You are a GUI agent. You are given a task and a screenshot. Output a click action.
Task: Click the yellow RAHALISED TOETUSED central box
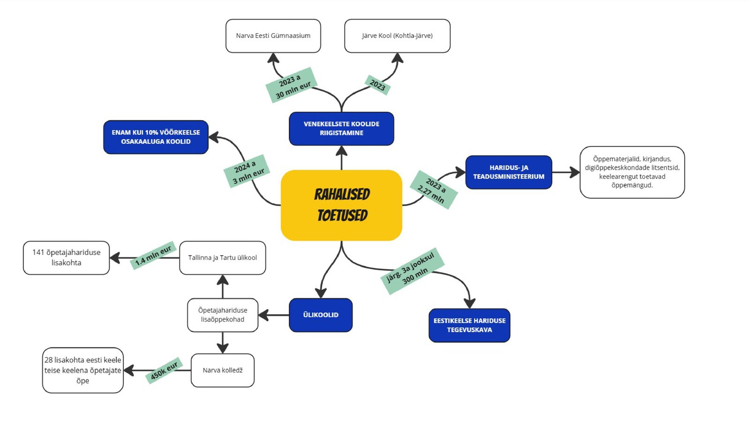click(x=341, y=205)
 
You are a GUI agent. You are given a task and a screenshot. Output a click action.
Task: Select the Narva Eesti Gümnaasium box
click(x=273, y=36)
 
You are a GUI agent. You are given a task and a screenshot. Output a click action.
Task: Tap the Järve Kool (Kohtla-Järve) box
click(x=397, y=36)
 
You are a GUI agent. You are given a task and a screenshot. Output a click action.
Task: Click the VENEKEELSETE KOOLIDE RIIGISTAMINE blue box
click(x=341, y=128)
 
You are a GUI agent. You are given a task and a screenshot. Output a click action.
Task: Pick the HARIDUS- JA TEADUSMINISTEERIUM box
click(x=509, y=172)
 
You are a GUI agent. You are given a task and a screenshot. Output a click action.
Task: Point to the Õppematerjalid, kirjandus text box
click(x=632, y=172)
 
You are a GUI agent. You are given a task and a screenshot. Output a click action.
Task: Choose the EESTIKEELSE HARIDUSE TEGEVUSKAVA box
click(x=469, y=325)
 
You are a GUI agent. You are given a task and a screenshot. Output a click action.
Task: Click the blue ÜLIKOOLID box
click(x=321, y=315)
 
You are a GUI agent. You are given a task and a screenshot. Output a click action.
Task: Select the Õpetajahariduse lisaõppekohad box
click(x=223, y=315)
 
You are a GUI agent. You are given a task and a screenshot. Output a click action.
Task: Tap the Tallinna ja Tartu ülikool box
click(x=223, y=258)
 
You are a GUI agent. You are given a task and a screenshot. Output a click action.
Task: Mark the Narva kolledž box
click(x=223, y=370)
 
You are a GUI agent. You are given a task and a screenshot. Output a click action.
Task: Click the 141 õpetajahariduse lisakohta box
click(x=66, y=258)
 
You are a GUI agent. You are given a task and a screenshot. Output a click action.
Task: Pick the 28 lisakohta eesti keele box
click(x=82, y=370)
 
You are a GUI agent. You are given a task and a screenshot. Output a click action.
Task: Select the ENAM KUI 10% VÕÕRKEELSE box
click(x=156, y=137)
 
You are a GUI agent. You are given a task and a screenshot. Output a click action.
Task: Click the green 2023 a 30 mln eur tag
click(x=292, y=85)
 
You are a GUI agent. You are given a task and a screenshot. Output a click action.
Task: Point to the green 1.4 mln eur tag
click(x=153, y=256)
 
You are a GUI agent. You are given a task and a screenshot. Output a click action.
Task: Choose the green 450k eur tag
click(x=164, y=371)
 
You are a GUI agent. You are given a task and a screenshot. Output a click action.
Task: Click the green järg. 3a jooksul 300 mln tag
click(x=412, y=271)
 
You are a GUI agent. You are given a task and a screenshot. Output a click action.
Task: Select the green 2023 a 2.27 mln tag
click(x=434, y=189)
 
